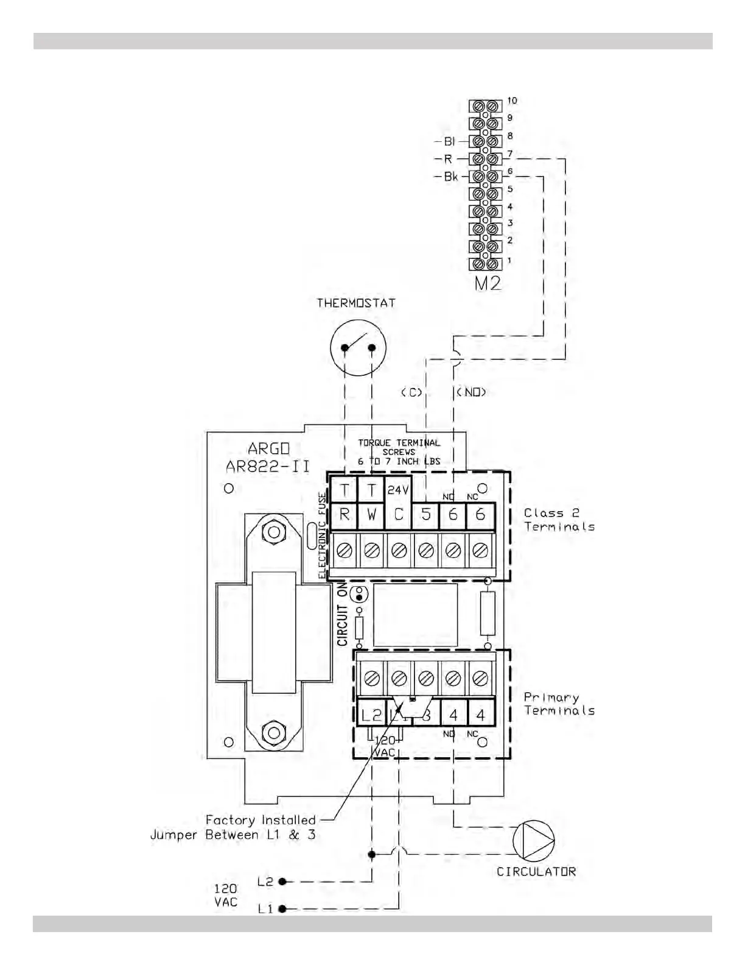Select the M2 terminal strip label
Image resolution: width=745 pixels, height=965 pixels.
click(487, 283)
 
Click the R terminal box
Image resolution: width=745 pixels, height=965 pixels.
click(345, 515)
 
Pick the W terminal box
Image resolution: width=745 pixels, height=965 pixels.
click(371, 515)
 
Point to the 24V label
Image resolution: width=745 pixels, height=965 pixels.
click(398, 490)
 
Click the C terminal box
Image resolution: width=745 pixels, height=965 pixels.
click(399, 515)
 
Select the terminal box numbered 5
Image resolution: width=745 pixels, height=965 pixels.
click(426, 515)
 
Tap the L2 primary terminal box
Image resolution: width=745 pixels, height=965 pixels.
click(371, 715)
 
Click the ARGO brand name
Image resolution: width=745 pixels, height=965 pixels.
click(268, 449)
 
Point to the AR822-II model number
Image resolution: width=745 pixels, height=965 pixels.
click(268, 467)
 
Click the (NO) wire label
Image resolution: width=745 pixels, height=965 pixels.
click(472, 392)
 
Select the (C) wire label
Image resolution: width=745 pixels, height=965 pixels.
click(411, 392)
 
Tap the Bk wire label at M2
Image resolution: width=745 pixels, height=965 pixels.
click(450, 177)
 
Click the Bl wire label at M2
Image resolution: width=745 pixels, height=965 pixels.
click(449, 141)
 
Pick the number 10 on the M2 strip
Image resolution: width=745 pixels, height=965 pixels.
click(512, 101)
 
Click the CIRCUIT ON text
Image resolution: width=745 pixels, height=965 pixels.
click(343, 614)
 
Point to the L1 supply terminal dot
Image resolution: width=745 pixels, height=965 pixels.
click(282, 909)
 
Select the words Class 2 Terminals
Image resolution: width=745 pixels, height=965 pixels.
click(559, 520)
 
